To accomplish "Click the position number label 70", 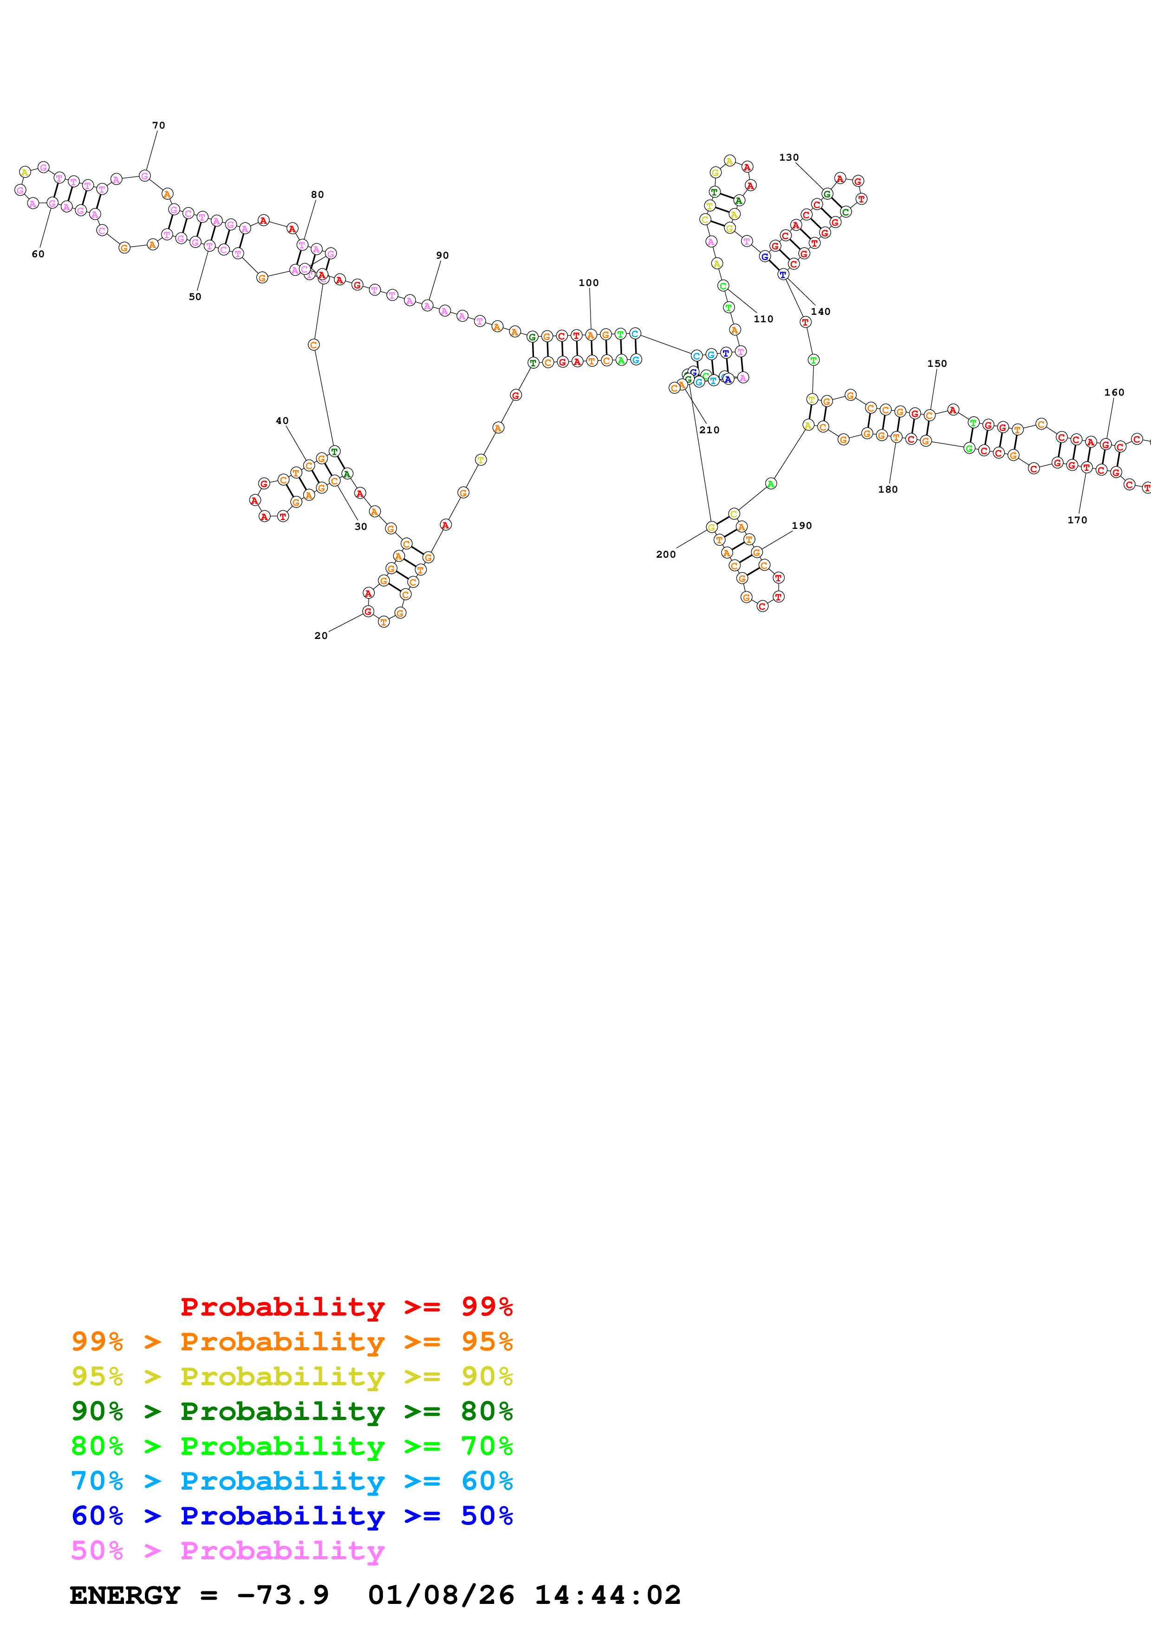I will pyautogui.click(x=159, y=125).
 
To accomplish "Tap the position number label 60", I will pyautogui.click(x=38, y=254).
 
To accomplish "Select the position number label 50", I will pyautogui.click(x=195, y=297).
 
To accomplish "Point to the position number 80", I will pyautogui.click(x=318, y=195).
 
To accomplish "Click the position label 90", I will pyautogui.click(x=442, y=255).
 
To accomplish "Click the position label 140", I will pyautogui.click(x=820, y=312).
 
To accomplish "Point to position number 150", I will pyautogui.click(x=937, y=363).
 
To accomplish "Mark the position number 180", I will pyautogui.click(x=888, y=489).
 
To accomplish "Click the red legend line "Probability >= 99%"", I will pyautogui.click(x=346, y=1306).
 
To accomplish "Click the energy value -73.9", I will pyautogui.click(x=283, y=1595).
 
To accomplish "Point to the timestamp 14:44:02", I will pyautogui.click(x=607, y=1595).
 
